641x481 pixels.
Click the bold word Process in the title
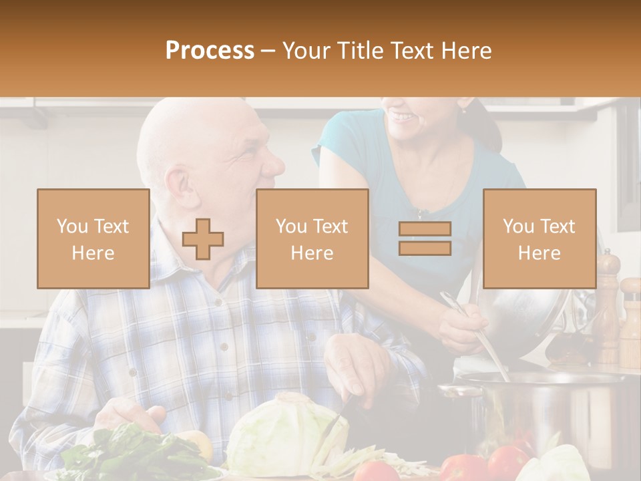210,51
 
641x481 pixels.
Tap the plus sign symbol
203,238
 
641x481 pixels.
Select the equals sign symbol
425,238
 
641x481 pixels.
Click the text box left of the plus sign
93,238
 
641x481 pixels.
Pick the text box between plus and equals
312,238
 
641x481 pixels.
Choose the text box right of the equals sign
539,238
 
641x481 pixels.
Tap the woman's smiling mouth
403,118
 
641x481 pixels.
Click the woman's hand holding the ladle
461,324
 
